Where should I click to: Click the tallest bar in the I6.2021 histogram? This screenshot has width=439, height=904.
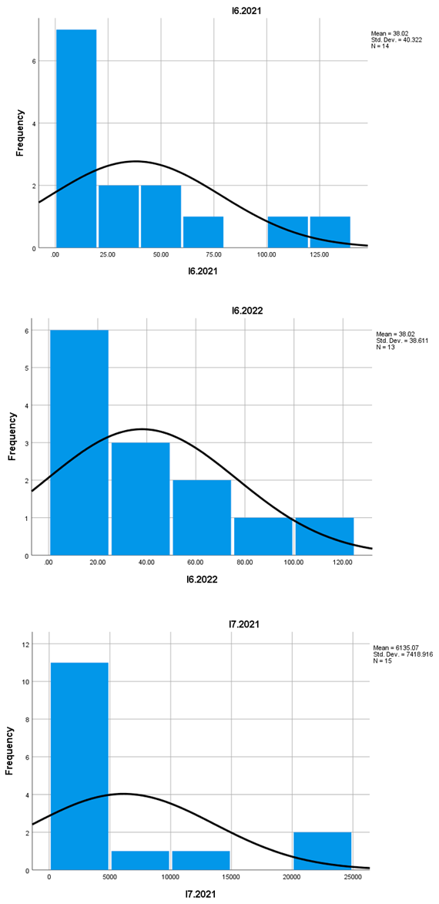pos(76,139)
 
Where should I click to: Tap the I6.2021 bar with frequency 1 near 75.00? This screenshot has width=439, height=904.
pos(203,232)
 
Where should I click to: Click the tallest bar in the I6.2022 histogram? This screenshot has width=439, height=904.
pos(79,442)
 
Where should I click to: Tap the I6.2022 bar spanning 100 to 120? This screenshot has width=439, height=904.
pos(323,536)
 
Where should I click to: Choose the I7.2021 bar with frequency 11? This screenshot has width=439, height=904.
pos(79,766)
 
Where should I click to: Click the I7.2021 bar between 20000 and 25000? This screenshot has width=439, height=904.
pos(322,851)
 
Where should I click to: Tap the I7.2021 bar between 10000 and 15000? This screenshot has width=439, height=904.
pos(200,860)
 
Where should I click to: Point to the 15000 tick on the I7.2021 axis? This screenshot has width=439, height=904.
pos(230,877)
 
